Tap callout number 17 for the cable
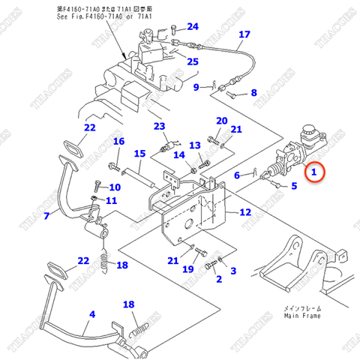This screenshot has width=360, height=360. (x=244, y=35)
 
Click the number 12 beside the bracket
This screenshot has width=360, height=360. (x=244, y=212)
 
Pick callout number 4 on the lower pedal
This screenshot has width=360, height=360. (x=93, y=314)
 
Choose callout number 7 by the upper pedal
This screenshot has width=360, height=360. (x=46, y=216)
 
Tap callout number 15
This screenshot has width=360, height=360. (x=139, y=154)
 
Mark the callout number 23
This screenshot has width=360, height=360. (x=159, y=126)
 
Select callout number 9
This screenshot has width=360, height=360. (x=196, y=87)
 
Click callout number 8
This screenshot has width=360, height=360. (x=253, y=93)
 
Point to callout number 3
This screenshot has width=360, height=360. (x=232, y=271)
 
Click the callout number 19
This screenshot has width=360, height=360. (x=188, y=268)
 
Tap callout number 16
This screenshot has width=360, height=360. (x=118, y=142)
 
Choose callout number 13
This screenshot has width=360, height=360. (x=194, y=145)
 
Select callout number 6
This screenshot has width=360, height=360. (x=237, y=175)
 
